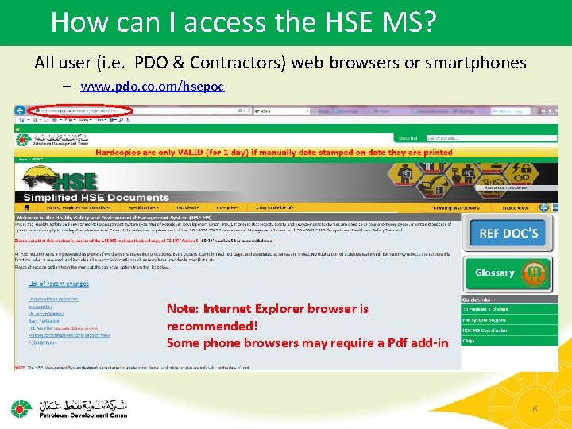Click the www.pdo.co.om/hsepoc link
pos(153,85)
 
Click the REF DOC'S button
pos(508,233)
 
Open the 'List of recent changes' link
pos(59,283)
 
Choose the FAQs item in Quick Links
pos(469,340)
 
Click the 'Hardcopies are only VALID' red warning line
pos(273,152)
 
